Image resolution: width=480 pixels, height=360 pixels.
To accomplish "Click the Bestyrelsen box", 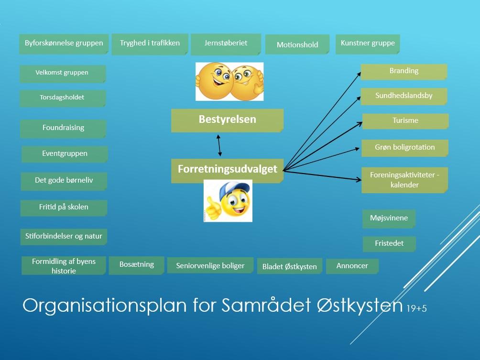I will coord(227,120).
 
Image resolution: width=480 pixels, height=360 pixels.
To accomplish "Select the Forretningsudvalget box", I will coord(227,170).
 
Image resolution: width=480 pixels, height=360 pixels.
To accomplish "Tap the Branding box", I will coord(404,71).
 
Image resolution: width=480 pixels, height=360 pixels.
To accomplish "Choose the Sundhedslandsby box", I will coord(404,96).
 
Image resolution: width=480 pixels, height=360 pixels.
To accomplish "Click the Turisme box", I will coord(405,121).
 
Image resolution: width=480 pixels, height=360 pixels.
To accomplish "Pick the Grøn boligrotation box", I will coord(404,148).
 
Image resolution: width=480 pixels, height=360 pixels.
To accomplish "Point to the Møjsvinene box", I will coord(389,218).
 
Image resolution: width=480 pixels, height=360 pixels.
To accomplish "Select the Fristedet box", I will coord(389,243).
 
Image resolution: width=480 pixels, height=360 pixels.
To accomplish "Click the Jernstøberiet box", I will coord(226,44).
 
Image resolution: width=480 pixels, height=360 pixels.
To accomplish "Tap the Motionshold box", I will coord(297,45).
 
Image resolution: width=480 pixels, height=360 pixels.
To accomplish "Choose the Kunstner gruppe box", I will coord(367,44).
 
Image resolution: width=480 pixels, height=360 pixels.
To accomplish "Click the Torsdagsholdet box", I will coord(62,98).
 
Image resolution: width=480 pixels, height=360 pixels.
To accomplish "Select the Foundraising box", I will coord(63,128).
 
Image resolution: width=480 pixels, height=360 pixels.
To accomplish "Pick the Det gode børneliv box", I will coord(64,181).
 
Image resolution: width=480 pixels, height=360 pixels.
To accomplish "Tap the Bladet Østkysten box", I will coord(289,266).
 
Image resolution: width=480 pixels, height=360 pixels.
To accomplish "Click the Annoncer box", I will coord(352,266).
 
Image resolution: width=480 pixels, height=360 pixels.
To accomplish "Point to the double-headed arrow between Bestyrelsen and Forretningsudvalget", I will coord(219,146).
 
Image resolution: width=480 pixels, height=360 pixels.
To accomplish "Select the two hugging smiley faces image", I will coord(229,81).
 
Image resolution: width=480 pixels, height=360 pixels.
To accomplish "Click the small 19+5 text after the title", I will coord(416,309).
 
